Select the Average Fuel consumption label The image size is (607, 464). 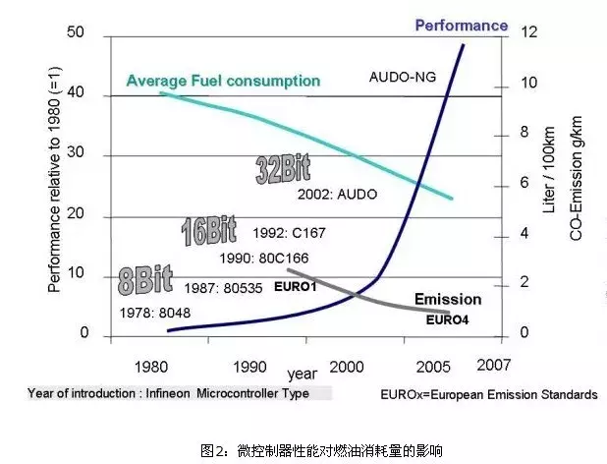tap(223, 80)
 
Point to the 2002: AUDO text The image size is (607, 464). tap(337, 196)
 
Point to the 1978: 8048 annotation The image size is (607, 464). tap(155, 314)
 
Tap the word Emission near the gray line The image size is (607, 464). tap(448, 299)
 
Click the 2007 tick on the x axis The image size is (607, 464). tap(492, 363)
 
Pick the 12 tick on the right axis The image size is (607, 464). tap(531, 33)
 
